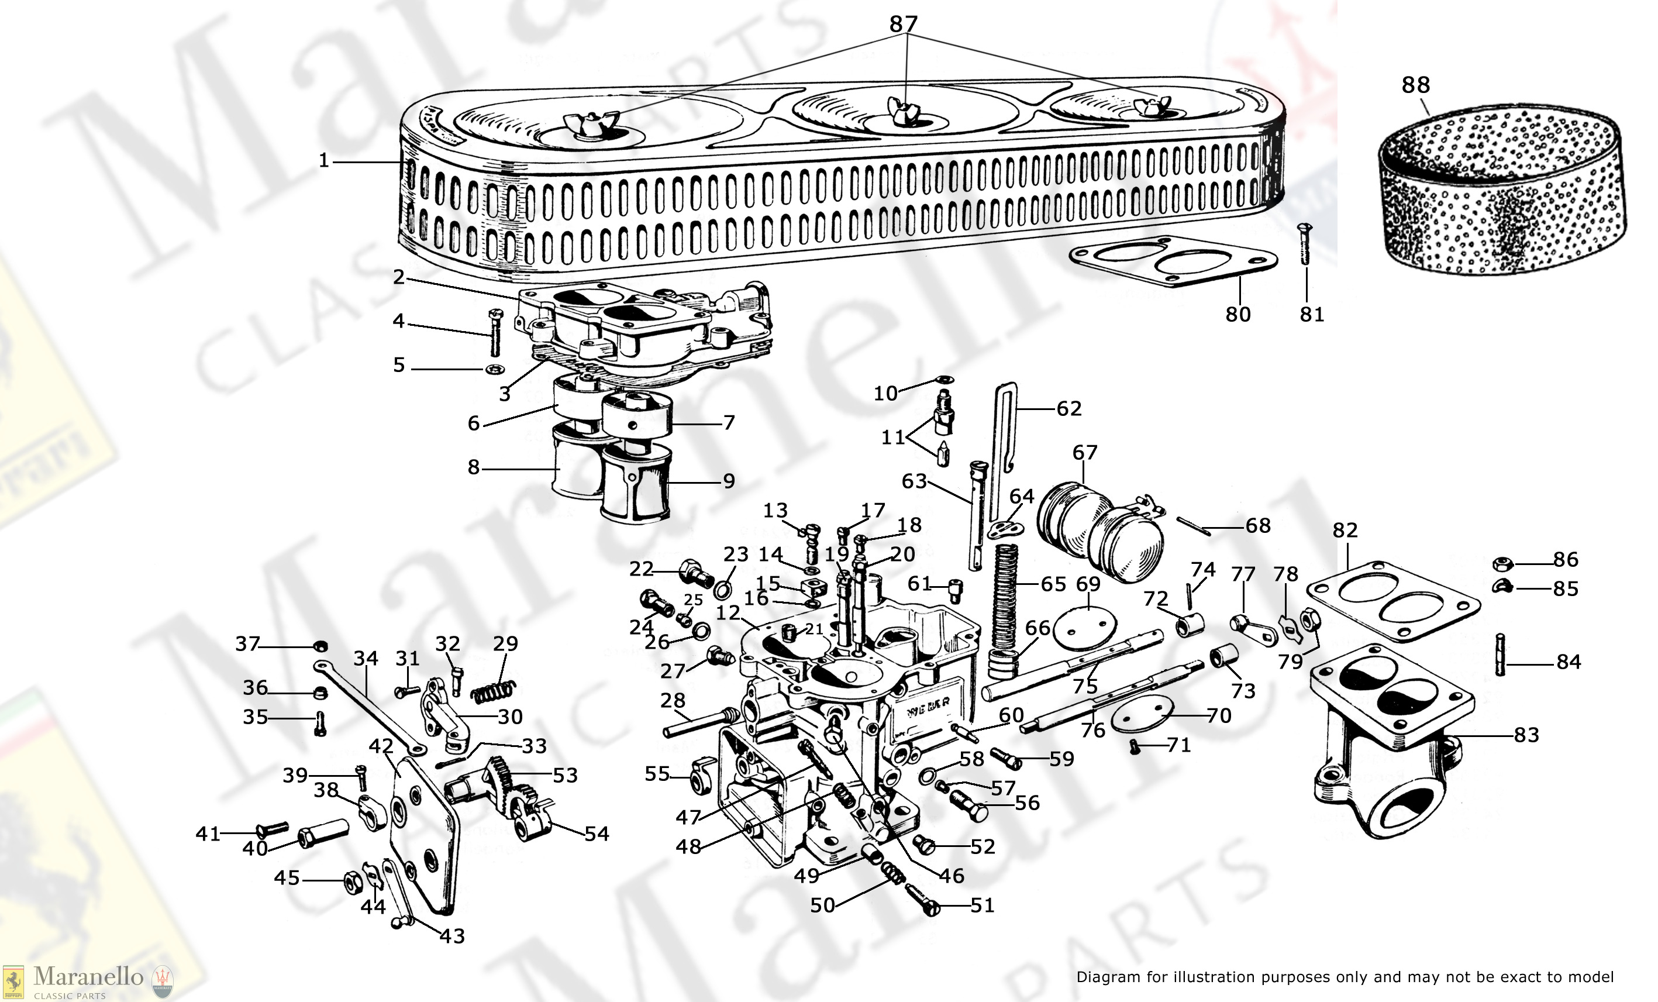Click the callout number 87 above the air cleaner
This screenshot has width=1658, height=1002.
click(x=903, y=24)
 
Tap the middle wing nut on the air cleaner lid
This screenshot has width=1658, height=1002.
click(x=902, y=112)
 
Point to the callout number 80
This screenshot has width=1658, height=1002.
click(x=1238, y=314)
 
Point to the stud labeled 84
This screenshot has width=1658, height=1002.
click(x=1500, y=655)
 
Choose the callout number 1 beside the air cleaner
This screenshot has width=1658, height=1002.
click(x=323, y=161)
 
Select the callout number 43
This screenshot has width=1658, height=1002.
click(x=451, y=935)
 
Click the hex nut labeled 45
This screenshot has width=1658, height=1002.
click(x=352, y=881)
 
